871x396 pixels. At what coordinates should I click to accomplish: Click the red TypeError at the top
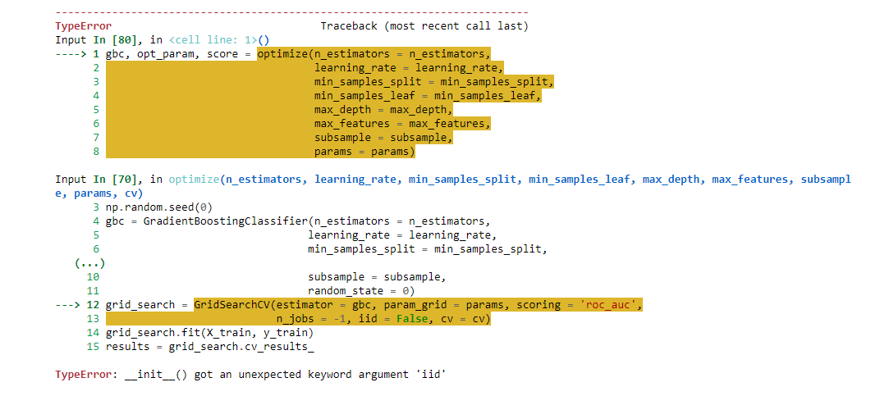click(x=83, y=26)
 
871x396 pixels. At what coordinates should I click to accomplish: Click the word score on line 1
click(x=204, y=54)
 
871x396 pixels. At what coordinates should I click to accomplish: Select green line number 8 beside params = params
click(x=96, y=152)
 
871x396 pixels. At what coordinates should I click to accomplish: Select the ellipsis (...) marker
click(x=90, y=263)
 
